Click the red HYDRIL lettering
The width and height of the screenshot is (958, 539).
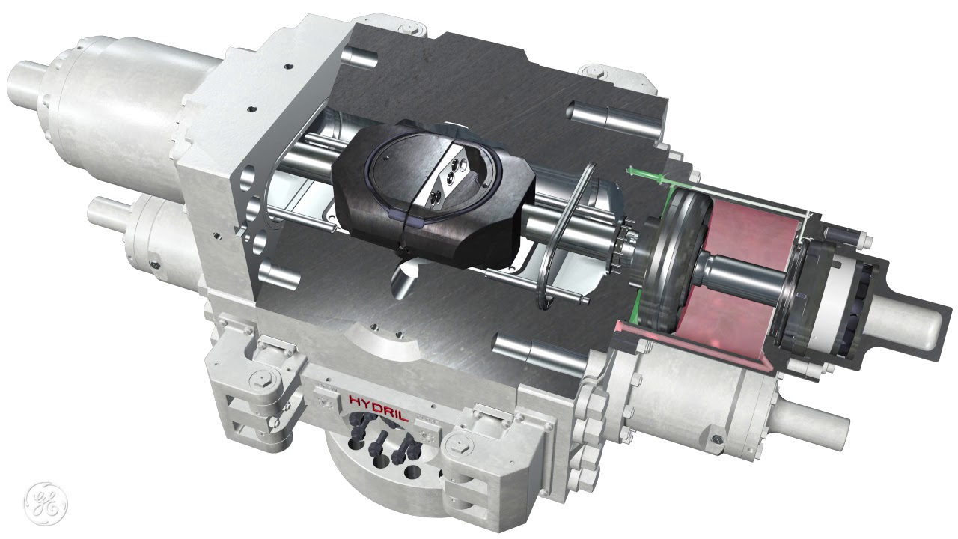379,408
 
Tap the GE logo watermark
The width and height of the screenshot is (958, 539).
46,504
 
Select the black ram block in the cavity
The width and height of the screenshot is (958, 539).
433,193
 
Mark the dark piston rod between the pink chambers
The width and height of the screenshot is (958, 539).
744,274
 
